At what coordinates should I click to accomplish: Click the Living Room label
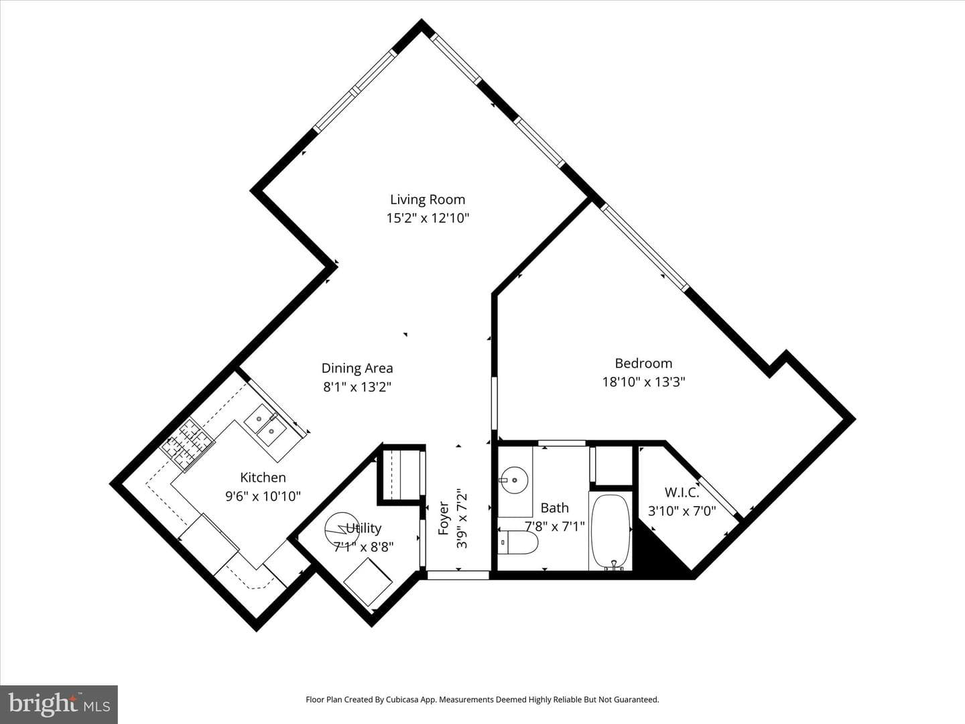428,200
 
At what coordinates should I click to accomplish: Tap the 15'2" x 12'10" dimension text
428,218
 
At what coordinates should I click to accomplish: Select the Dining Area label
357,369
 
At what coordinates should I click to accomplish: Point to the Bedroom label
643,363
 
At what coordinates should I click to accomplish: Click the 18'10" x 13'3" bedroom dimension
643,381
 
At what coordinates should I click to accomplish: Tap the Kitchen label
263,477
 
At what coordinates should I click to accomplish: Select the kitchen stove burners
188,444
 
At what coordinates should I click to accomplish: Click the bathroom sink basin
513,480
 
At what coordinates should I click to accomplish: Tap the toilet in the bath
518,542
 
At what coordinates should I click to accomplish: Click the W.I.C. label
682,492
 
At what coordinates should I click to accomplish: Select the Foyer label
444,519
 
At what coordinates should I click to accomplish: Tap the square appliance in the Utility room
368,582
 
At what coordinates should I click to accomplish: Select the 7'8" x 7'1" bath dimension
555,526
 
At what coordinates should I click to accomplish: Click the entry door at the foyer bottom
458,575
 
